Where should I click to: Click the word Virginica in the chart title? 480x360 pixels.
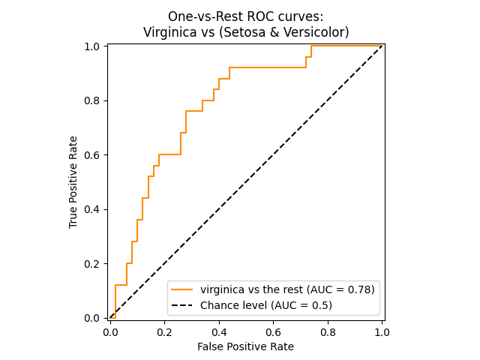169,33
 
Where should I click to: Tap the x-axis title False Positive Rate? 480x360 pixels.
245,346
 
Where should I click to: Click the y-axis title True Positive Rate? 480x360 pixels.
73,182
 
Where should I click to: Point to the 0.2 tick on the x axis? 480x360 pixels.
165,330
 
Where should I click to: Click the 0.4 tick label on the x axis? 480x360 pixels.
219,330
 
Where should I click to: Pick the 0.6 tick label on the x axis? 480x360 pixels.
274,330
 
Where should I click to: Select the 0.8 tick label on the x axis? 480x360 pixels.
328,330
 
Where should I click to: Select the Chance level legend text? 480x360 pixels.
266,305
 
